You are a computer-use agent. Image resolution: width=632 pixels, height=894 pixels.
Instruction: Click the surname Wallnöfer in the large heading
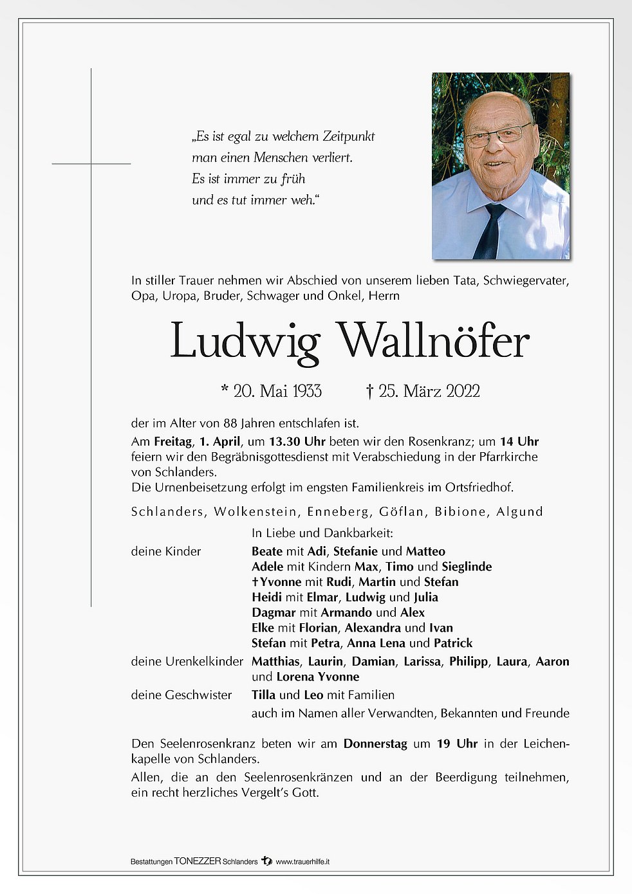[433, 341]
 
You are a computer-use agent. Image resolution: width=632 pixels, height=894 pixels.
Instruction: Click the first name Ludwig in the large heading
[245, 342]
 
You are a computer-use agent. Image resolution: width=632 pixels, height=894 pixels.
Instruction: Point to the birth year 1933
[307, 391]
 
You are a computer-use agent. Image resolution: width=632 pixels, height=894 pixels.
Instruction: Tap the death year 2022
[463, 391]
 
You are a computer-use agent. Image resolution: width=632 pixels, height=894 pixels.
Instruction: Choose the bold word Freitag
[172, 441]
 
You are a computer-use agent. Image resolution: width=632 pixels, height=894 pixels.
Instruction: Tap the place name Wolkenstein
[256, 512]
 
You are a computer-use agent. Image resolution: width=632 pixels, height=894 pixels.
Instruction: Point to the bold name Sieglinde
[467, 567]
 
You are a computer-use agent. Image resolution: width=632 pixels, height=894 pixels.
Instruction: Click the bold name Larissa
[422, 661]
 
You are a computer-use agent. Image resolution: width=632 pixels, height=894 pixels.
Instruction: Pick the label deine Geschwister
[181, 695]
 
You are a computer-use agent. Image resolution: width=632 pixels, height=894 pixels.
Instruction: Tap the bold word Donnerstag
[375, 743]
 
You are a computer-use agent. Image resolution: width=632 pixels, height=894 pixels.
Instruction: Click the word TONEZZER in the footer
[198, 861]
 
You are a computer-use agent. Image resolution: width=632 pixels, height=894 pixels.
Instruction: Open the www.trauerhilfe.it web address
[302, 861]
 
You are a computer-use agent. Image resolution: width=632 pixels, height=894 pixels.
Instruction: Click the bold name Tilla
[263, 695]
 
